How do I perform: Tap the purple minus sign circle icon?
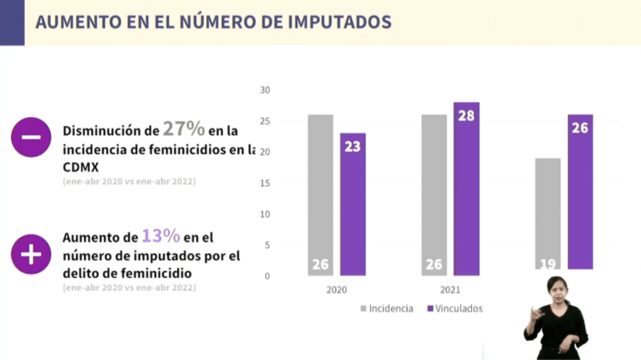[x=31, y=136]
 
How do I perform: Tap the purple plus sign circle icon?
[x=31, y=255]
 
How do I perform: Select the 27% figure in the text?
[x=185, y=129]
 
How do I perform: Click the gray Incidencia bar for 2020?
[x=320, y=195]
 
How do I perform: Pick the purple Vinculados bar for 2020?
[x=353, y=204]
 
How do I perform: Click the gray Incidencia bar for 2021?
[x=434, y=195]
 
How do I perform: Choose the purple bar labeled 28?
[x=466, y=188]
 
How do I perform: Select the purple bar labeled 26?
[x=581, y=191]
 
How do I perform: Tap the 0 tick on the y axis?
[x=267, y=276]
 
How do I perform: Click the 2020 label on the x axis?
[x=337, y=290]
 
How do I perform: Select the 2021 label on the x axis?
[x=450, y=290]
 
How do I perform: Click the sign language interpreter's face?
[x=557, y=287]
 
